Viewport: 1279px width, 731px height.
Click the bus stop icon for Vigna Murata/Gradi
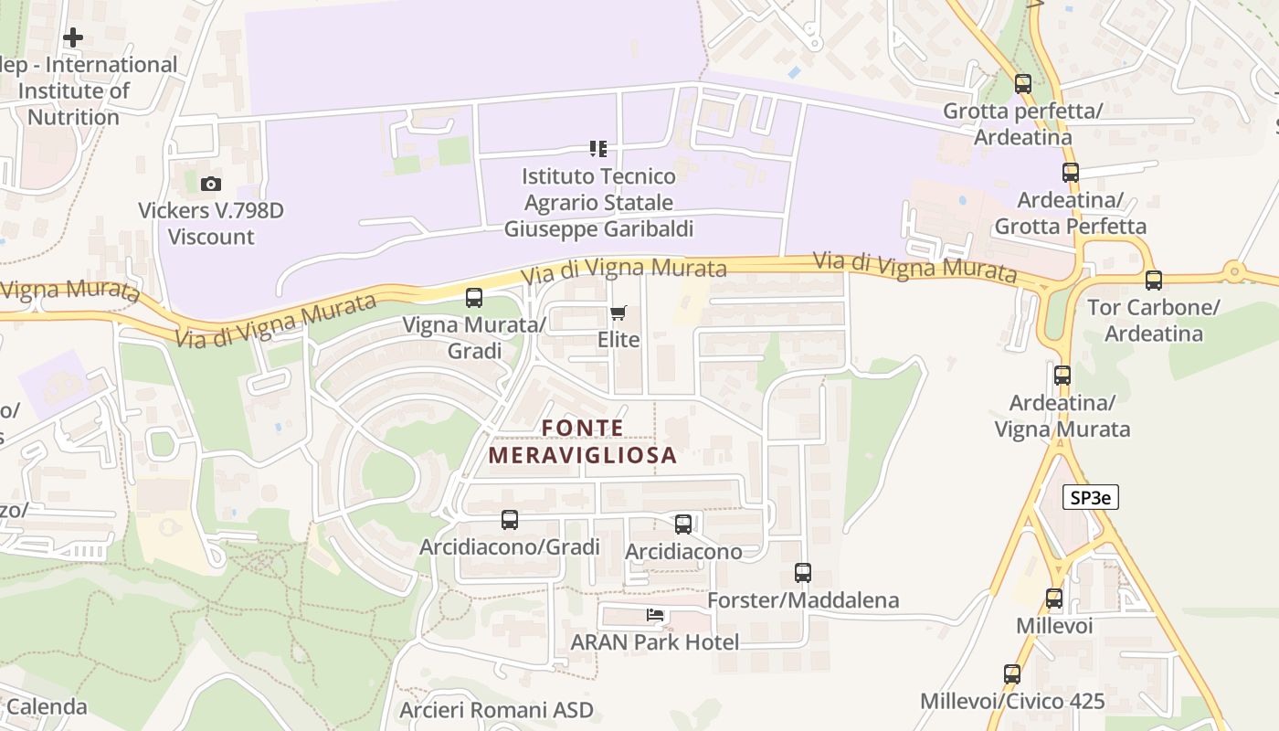473,297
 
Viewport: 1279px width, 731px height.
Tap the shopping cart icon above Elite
618,313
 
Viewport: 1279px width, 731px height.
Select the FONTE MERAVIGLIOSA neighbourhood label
583,441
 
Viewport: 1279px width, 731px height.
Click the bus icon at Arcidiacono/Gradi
510,519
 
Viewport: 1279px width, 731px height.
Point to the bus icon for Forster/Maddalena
803,573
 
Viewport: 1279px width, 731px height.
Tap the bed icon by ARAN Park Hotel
655,615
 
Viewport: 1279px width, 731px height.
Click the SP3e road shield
1091,497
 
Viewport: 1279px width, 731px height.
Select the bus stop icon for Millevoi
1054,599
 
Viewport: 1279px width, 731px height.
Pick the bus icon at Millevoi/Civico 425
1012,674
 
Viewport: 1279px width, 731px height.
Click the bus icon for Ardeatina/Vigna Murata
1062,375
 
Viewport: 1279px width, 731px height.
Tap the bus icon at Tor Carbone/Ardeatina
1154,281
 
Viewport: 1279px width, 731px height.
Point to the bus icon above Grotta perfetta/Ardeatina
1023,84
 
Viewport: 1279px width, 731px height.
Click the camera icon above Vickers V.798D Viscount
211,184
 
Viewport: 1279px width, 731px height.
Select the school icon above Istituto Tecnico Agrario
598,148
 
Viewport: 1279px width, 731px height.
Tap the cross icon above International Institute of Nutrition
73,37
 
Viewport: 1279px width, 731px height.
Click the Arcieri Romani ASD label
496,710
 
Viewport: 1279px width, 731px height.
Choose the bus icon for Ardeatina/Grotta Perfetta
1070,172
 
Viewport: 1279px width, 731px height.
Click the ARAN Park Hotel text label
655,642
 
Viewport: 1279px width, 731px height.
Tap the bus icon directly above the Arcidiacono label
683,524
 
